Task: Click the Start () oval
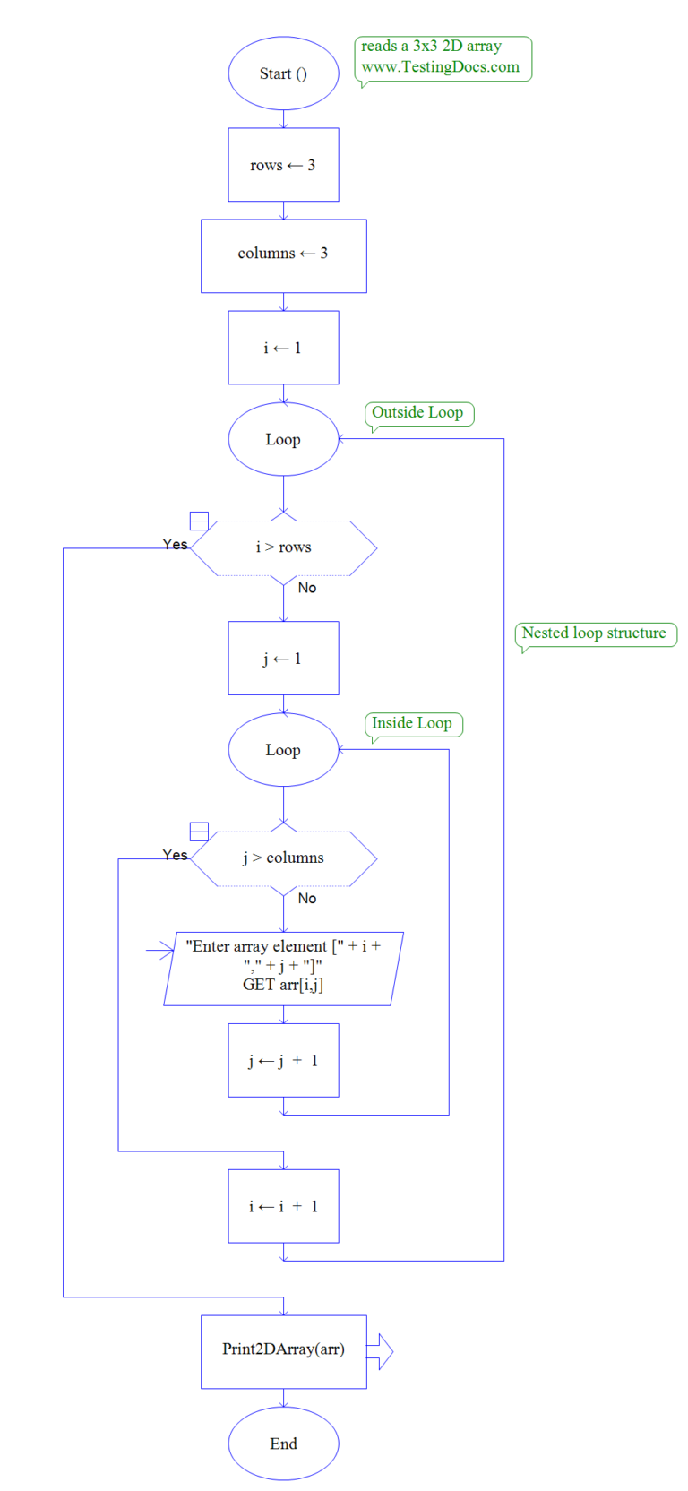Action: click(283, 73)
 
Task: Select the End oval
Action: click(283, 1443)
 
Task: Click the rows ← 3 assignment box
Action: click(283, 165)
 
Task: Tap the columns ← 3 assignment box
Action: click(283, 254)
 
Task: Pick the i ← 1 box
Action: click(283, 348)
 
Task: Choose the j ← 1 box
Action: click(283, 659)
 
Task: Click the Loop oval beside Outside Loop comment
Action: click(283, 439)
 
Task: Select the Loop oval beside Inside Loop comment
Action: click(283, 750)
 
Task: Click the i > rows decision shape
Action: click(283, 547)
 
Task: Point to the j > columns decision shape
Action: click(283, 858)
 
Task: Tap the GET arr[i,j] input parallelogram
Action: click(283, 968)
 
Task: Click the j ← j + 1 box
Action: click(283, 1060)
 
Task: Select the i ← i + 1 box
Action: click(283, 1206)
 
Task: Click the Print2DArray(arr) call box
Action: click(283, 1350)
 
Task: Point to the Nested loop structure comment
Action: click(594, 633)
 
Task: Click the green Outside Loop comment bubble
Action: click(417, 413)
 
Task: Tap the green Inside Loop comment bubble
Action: click(412, 724)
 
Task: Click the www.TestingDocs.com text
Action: click(440, 67)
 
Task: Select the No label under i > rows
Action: click(307, 588)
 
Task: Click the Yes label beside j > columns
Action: click(176, 855)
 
